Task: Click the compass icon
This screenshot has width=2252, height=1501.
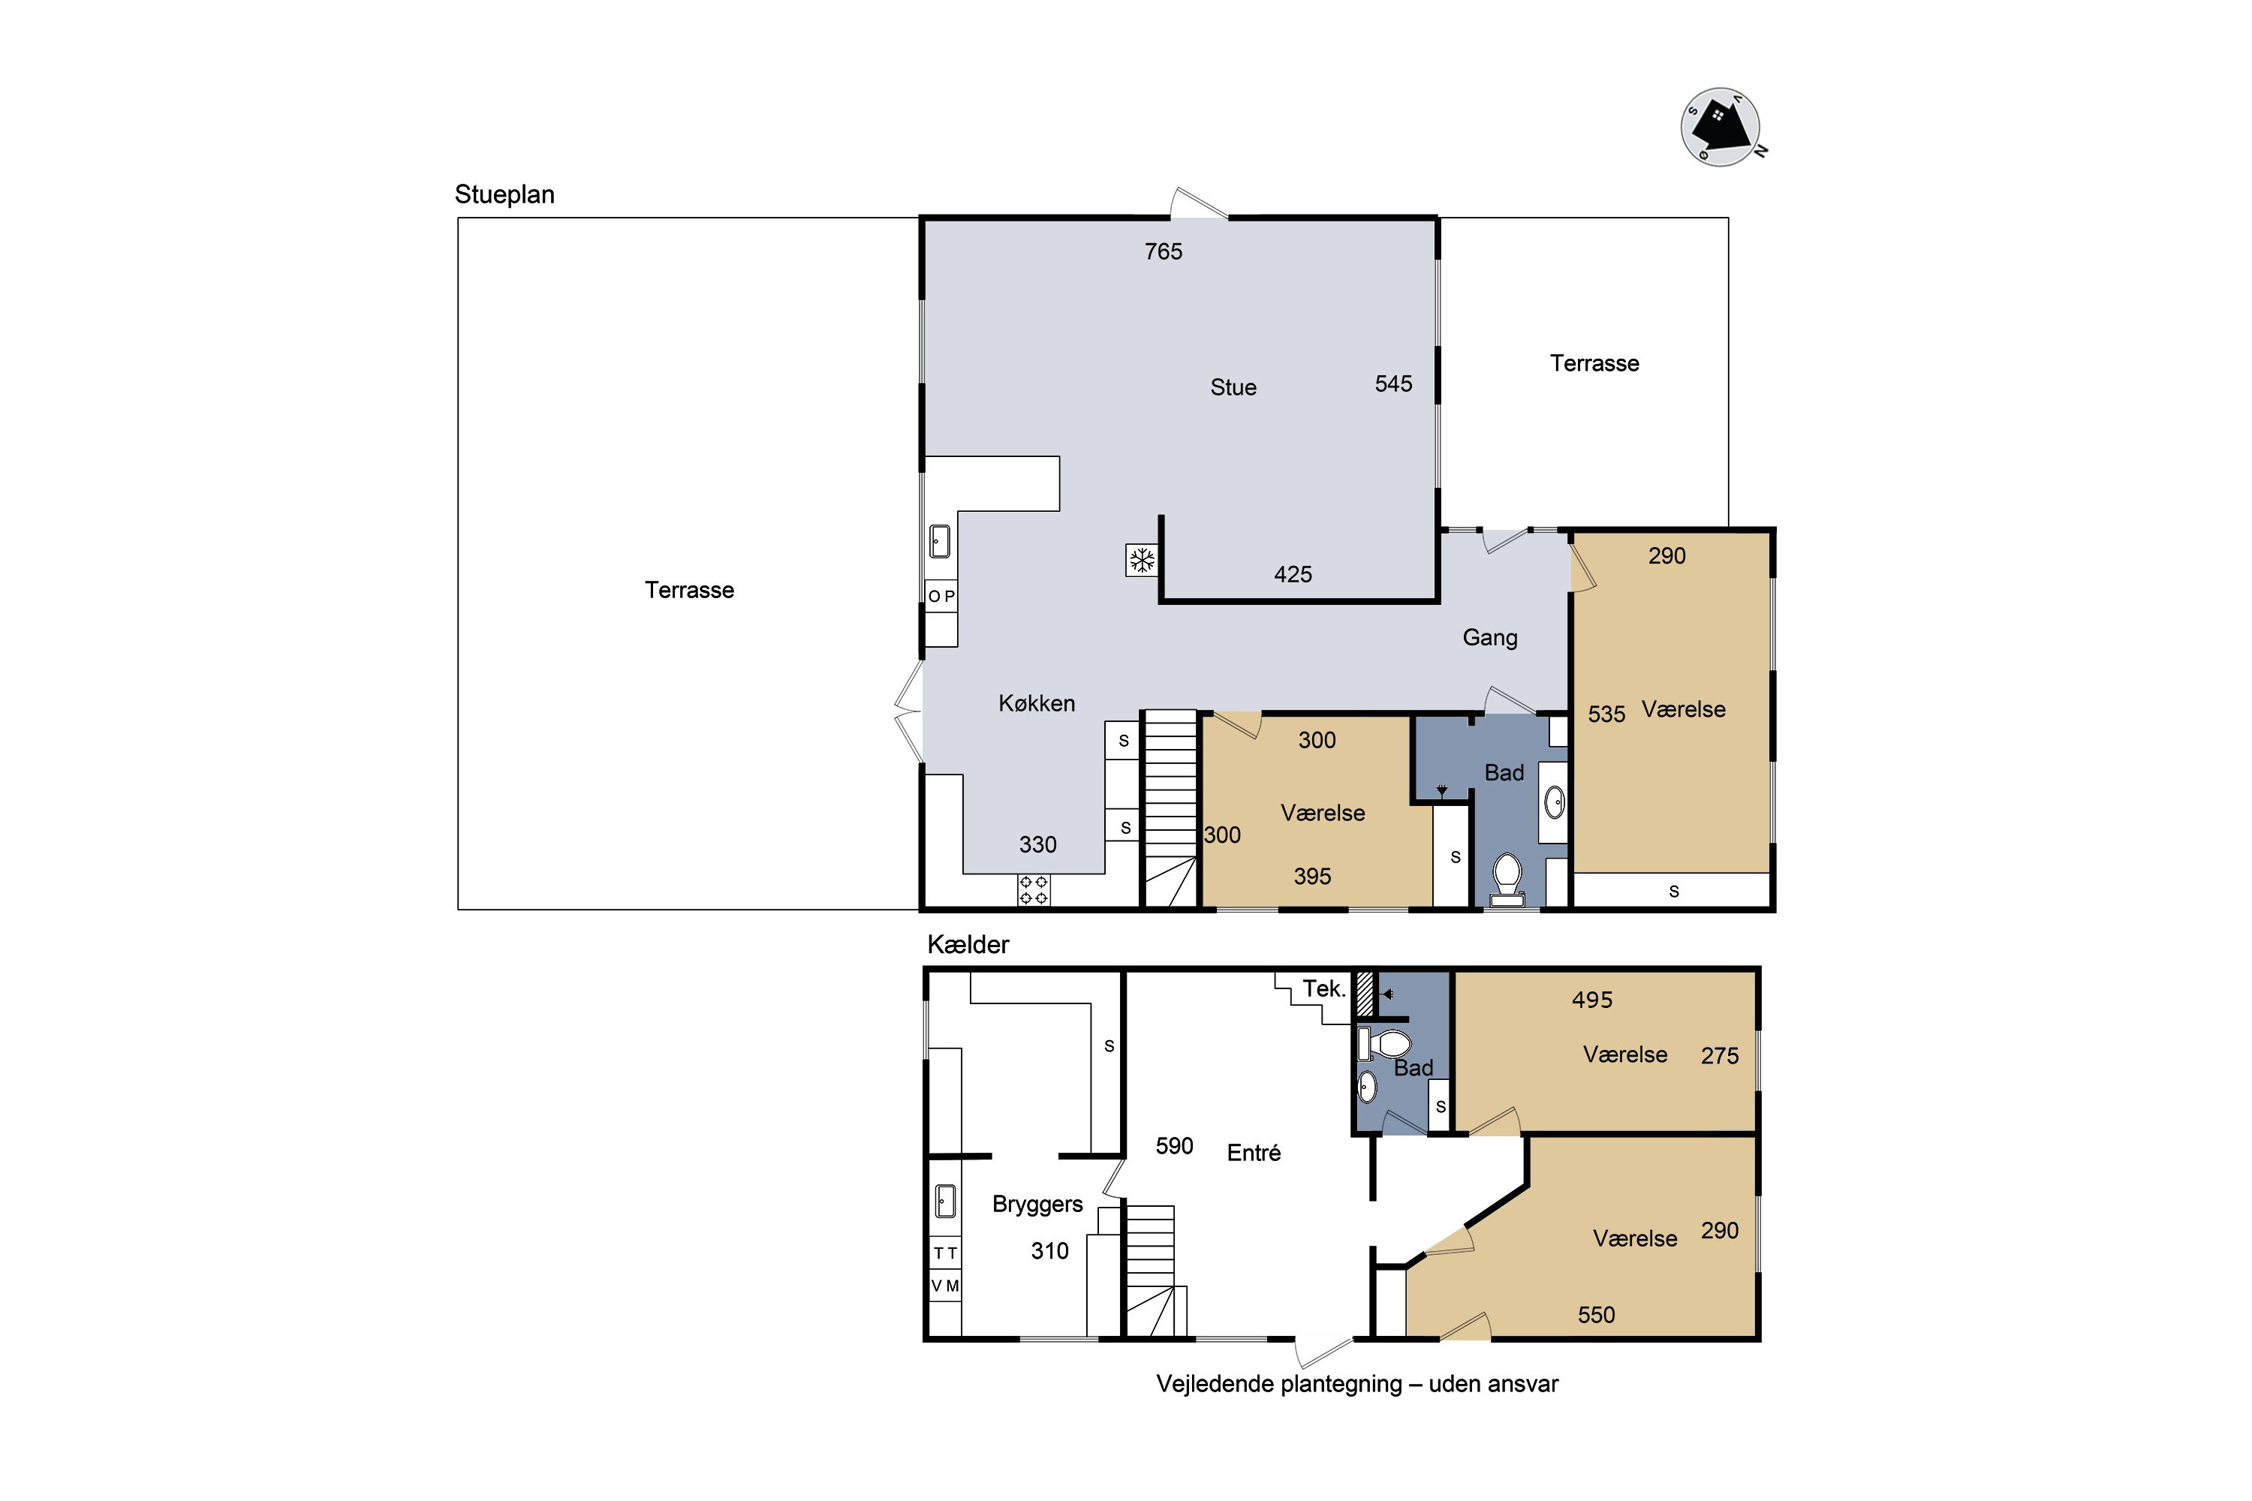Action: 1721,128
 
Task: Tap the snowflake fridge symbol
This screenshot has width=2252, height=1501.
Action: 1141,560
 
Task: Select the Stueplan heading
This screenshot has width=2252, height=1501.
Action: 504,194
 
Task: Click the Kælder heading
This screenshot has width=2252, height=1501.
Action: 968,945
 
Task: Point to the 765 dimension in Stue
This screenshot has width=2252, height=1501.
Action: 1164,251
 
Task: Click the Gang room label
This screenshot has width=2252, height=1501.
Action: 1490,637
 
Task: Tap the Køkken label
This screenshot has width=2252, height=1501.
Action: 1037,704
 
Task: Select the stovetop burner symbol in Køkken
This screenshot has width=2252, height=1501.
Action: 1033,889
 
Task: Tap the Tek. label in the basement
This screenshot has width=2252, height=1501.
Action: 1324,989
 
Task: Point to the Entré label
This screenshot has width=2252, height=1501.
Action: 1254,1153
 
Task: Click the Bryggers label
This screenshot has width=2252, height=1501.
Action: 1037,1205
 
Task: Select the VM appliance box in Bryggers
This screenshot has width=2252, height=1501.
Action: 945,1286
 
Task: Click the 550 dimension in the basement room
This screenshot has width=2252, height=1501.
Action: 1596,1316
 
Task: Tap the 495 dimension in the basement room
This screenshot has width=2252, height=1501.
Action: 1592,1000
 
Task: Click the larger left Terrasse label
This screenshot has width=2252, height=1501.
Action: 689,590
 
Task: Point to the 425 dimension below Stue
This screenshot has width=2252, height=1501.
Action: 1293,574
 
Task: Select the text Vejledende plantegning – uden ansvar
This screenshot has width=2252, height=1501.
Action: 1356,1384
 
